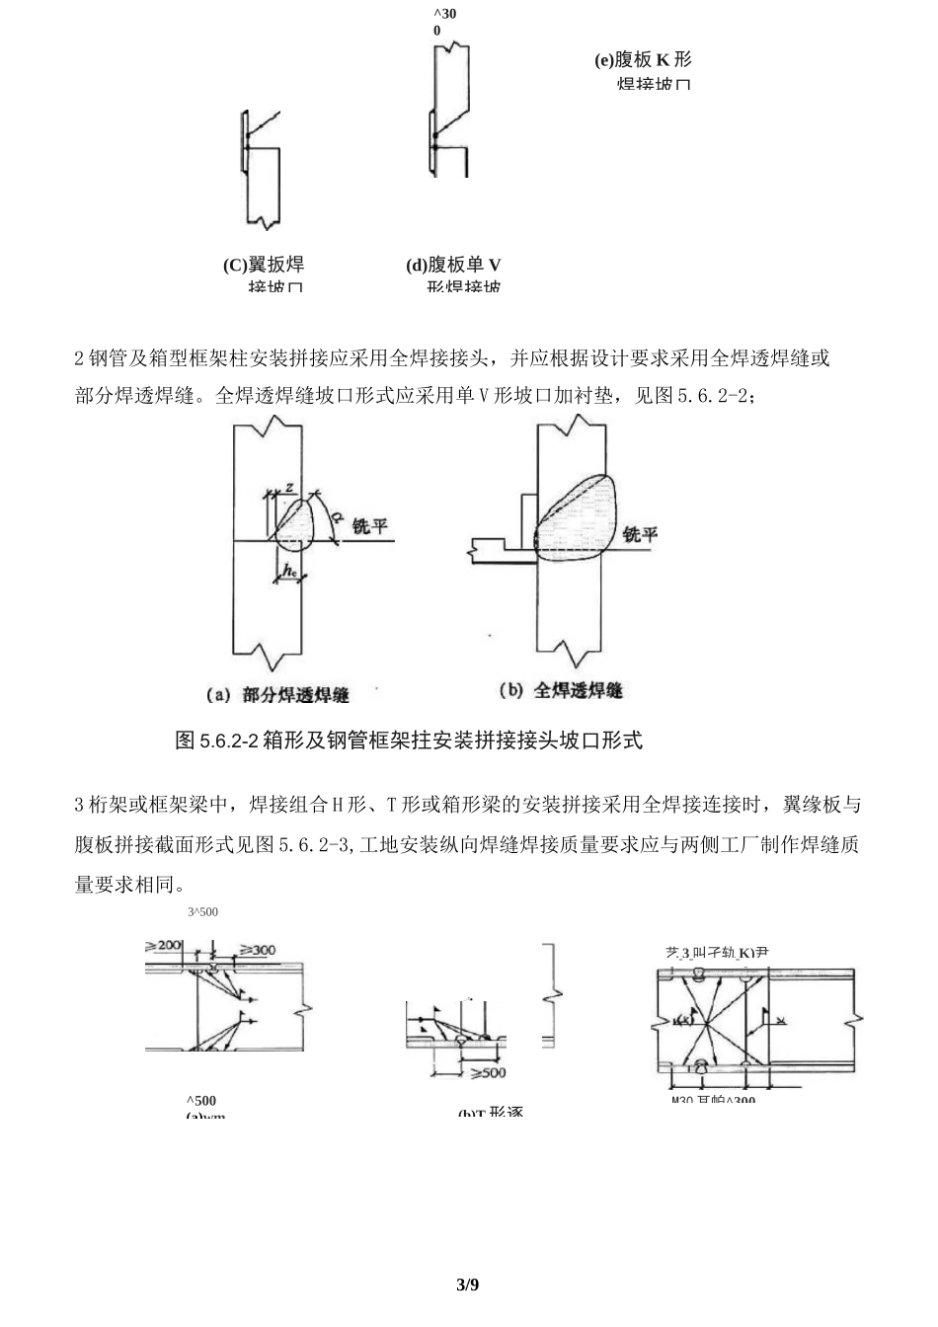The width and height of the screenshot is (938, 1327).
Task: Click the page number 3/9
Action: [x=468, y=1285]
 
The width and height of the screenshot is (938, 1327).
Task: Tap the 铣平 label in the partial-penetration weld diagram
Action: [x=370, y=526]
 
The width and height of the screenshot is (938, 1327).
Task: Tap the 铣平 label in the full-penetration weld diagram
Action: [x=640, y=534]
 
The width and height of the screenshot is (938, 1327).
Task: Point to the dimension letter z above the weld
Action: [x=288, y=487]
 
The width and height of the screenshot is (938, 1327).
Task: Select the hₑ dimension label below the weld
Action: [x=289, y=570]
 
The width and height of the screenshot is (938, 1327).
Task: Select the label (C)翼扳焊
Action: [x=264, y=265]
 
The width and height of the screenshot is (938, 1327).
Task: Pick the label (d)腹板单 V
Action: [x=453, y=265]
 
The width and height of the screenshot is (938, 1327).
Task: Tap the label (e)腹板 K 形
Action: [x=643, y=60]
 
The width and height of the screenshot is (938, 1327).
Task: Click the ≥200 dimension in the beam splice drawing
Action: [x=164, y=946]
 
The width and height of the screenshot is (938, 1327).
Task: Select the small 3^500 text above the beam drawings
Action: [x=202, y=912]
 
